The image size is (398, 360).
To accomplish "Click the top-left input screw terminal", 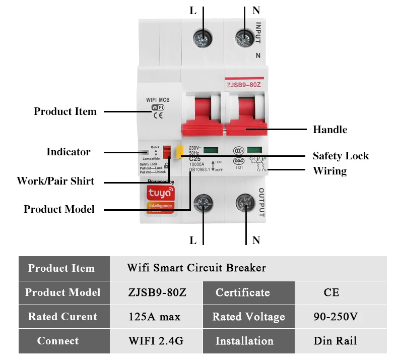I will tap(204, 36).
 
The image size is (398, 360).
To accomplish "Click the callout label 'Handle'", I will tap(329, 130).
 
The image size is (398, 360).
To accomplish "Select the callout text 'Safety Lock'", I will tap(340, 156).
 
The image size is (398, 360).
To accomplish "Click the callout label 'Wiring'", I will tap(329, 171).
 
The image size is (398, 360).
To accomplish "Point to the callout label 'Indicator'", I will tap(68, 152).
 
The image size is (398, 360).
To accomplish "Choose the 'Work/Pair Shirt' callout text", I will tap(55, 181).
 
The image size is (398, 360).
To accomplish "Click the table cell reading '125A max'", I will tap(154, 317).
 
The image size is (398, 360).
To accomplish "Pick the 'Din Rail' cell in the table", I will tap(335, 341).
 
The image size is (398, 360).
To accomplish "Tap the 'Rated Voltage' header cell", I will tap(248, 317).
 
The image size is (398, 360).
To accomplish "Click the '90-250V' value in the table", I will tap(335, 317).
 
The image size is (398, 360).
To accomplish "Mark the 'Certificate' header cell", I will tap(242, 292).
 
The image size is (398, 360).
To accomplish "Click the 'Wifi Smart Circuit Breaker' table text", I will tap(196, 268).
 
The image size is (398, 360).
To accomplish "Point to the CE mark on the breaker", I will tap(158, 115).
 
